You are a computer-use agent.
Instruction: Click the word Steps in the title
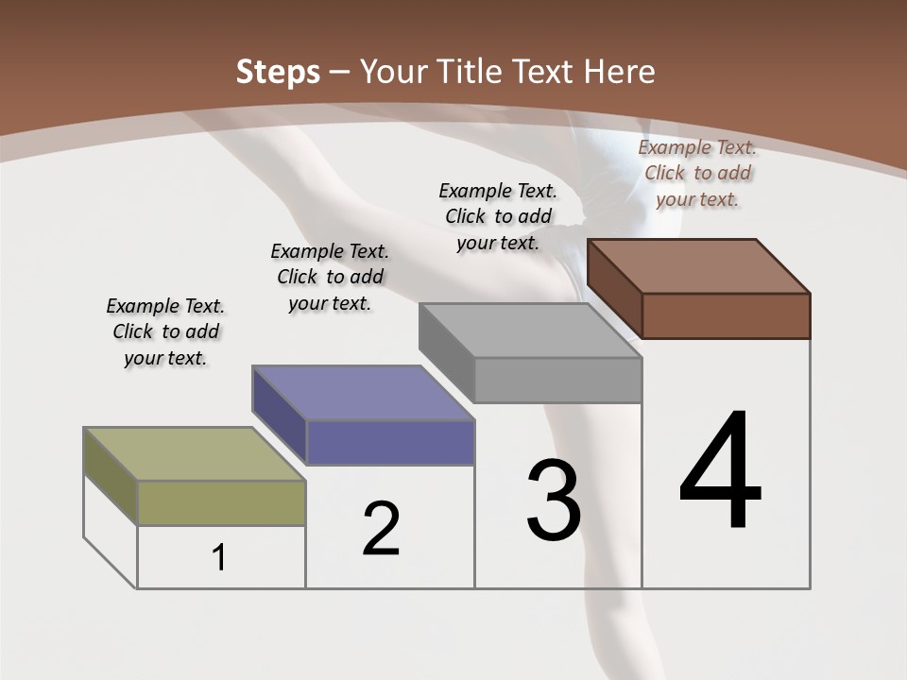[278, 72]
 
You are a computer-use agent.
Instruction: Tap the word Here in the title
[620, 72]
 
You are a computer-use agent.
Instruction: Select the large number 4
[720, 471]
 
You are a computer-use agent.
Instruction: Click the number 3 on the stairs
[554, 501]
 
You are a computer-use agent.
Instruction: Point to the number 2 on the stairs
[381, 529]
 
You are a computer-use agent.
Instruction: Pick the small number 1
[219, 558]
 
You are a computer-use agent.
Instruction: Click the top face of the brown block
[698, 265]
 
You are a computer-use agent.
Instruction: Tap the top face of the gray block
[530, 330]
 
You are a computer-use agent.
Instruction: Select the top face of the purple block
[363, 392]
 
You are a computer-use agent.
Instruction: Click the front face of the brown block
[726, 315]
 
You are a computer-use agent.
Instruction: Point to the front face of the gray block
[557, 380]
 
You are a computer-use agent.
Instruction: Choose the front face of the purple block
[390, 442]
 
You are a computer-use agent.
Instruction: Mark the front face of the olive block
[221, 502]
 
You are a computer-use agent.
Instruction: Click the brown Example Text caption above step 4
[697, 173]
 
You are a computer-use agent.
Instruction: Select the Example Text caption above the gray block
[498, 216]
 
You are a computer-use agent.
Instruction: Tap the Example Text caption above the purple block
[330, 277]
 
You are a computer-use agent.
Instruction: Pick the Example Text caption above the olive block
[165, 331]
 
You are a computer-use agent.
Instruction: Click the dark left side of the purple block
[280, 412]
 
